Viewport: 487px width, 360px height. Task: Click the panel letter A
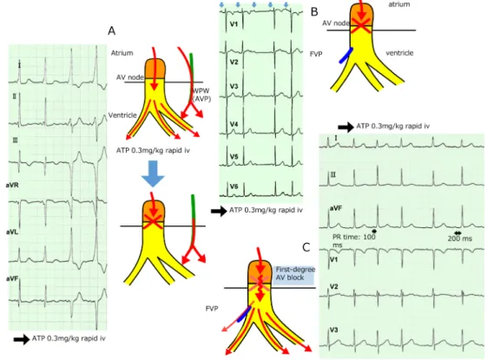(111, 30)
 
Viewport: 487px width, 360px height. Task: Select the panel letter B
(314, 12)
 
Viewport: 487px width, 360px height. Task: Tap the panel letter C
(306, 247)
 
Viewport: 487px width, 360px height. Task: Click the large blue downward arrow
(153, 173)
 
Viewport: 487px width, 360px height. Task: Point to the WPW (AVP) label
(201, 95)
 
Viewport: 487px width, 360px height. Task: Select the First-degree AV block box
(294, 273)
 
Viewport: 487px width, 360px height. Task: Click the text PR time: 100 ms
(354, 240)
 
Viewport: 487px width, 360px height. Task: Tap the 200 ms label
(460, 239)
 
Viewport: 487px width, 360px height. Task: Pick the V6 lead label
(234, 187)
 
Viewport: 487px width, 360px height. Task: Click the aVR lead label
(12, 186)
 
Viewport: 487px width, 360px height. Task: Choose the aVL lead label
(12, 232)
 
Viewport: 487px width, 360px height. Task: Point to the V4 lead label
(234, 124)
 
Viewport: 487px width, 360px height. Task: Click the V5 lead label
(234, 157)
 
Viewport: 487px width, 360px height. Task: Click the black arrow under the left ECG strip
(22, 339)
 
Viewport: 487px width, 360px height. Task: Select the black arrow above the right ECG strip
(346, 127)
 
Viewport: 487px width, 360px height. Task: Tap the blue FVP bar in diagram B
(346, 56)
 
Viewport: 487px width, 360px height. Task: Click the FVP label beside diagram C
(212, 309)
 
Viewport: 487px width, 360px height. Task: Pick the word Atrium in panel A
(122, 53)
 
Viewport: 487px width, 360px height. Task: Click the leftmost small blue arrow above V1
(221, 4)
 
